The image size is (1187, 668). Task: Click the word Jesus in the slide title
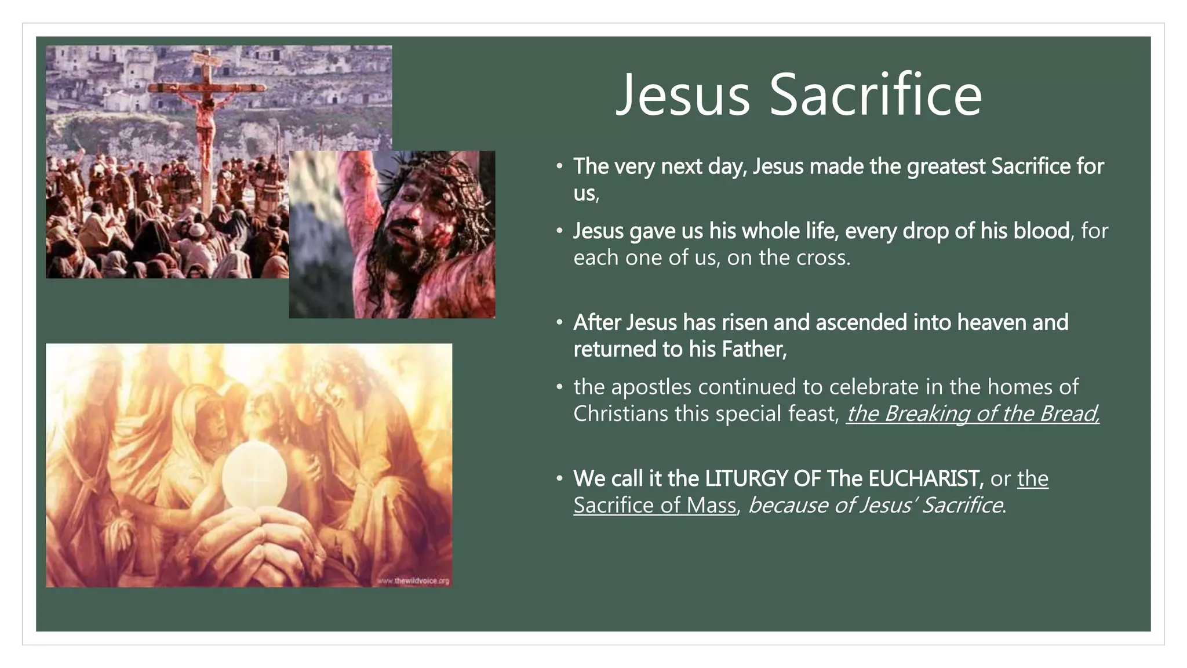click(x=683, y=95)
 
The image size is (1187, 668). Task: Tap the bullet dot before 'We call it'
click(x=559, y=478)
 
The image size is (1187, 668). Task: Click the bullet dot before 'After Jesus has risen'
click(x=559, y=322)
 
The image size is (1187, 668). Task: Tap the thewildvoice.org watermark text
click(x=414, y=580)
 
